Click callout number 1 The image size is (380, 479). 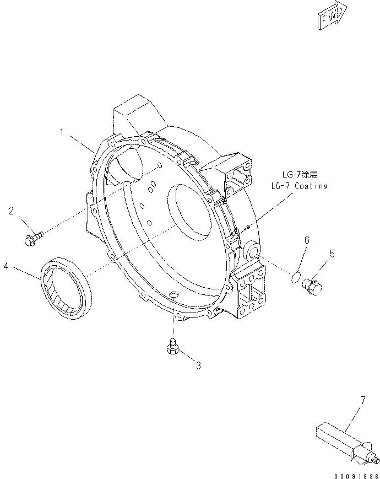pyautogui.click(x=64, y=132)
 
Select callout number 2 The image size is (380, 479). pyautogui.click(x=11, y=210)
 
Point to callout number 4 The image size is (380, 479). pyautogui.click(x=6, y=266)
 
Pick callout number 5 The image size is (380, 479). pyautogui.click(x=332, y=254)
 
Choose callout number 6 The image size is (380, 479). pyautogui.click(x=307, y=239)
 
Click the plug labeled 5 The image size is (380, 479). pyautogui.click(x=314, y=286)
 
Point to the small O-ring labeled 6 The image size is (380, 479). pyautogui.click(x=297, y=275)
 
